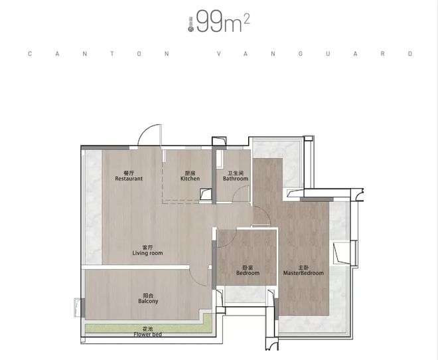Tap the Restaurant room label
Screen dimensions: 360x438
click(x=129, y=179)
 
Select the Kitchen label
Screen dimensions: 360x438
click(x=190, y=179)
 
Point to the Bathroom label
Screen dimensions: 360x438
click(x=236, y=179)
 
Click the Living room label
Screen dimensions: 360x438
click(x=147, y=253)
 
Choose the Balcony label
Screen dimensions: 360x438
click(x=148, y=301)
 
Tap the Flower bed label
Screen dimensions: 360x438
click(x=147, y=334)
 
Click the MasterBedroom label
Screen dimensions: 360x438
click(x=303, y=273)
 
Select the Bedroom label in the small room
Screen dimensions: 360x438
click(x=247, y=273)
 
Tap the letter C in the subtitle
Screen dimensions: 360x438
click(x=30, y=54)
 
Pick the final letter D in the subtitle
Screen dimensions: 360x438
click(x=411, y=54)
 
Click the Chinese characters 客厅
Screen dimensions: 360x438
click(x=147, y=247)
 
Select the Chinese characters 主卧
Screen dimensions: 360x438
click(x=303, y=267)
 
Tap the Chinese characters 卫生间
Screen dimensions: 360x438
click(x=236, y=173)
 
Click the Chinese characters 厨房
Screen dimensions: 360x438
click(x=190, y=173)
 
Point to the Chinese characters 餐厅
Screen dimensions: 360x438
click(x=129, y=173)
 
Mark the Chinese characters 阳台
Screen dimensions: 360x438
click(x=148, y=295)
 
